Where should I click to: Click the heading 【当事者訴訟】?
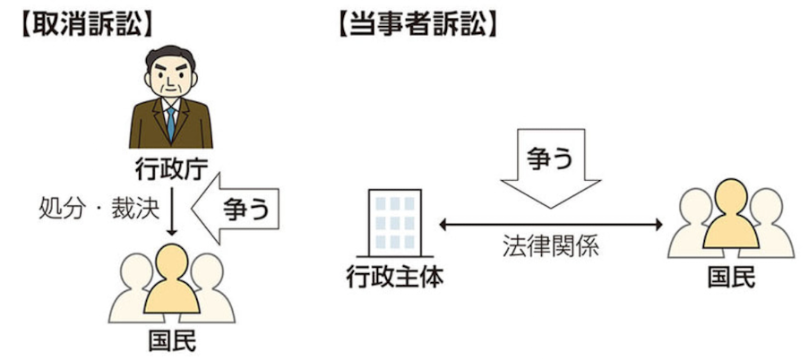[416, 24]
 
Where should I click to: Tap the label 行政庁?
[170, 167]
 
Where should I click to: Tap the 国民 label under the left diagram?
[170, 341]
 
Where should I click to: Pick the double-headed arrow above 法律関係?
[549, 224]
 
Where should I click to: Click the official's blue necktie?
[170, 120]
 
